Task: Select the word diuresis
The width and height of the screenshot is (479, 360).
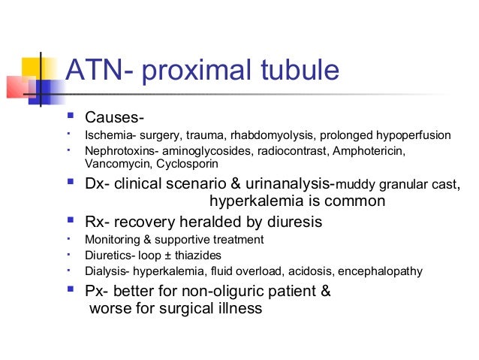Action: tap(291, 222)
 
